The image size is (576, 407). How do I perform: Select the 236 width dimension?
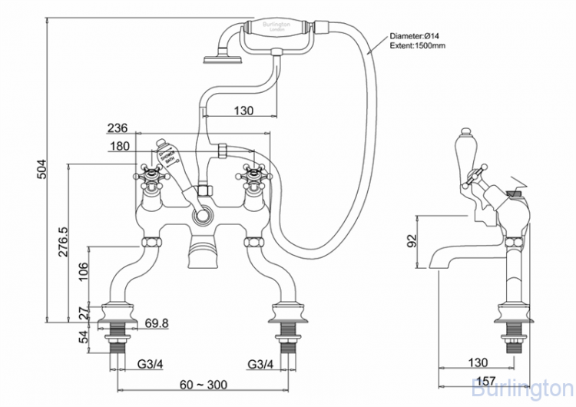click(x=118, y=128)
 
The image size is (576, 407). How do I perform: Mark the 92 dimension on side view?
click(x=409, y=241)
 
